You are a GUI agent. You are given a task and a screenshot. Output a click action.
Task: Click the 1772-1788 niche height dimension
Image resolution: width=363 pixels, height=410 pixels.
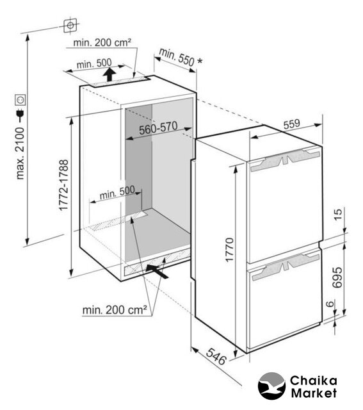point(64,185)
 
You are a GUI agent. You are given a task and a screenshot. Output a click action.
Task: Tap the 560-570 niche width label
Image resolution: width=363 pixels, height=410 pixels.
point(158,128)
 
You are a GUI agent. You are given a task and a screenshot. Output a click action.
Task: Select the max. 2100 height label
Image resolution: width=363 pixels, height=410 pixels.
point(20,154)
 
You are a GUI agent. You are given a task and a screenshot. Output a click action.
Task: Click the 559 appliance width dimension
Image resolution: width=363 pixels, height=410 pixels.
point(292,124)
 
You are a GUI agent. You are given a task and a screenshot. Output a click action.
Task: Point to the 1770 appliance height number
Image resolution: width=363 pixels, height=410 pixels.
point(229,249)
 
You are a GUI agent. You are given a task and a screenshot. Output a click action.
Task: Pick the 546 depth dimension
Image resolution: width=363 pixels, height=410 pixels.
point(216,357)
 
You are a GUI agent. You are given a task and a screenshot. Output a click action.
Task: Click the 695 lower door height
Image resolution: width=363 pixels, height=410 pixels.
point(337,277)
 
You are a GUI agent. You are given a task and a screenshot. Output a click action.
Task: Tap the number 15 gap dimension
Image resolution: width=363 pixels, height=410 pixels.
point(338,215)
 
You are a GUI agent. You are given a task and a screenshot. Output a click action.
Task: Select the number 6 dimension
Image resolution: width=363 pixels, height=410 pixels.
point(330,304)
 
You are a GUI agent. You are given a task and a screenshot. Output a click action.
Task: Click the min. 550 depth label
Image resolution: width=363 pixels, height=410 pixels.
point(177,57)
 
